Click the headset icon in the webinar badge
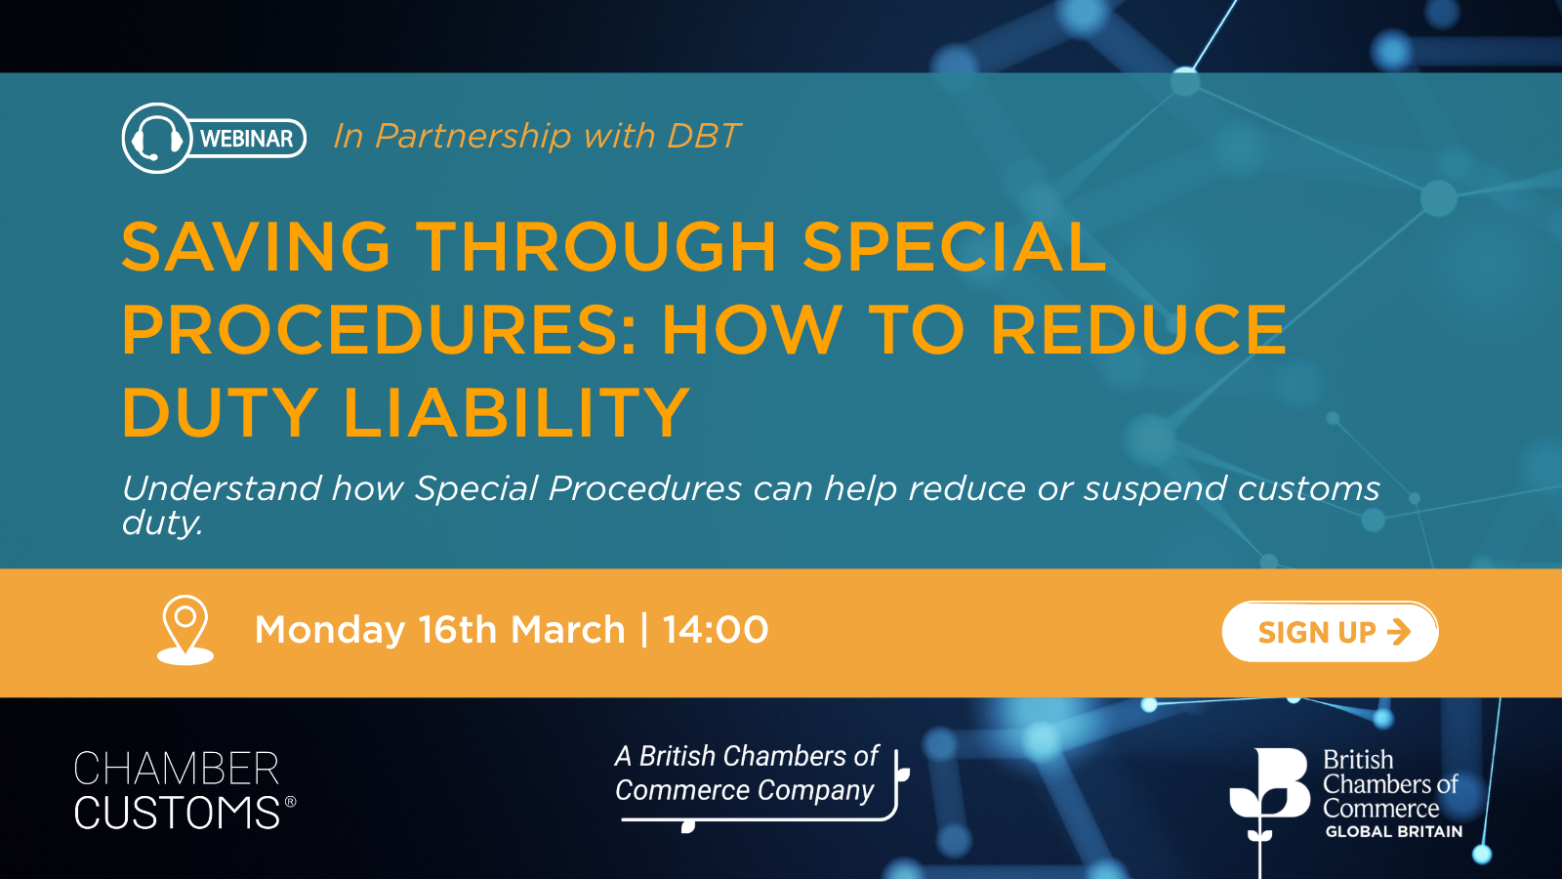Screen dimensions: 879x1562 pyautogui.click(x=156, y=139)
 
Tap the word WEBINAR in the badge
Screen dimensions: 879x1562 pyautogui.click(x=246, y=139)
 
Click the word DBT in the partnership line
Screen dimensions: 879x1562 pyautogui.click(x=703, y=136)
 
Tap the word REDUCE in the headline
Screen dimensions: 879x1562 pyautogui.click(x=1138, y=329)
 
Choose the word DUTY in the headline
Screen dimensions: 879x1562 pyautogui.click(x=220, y=412)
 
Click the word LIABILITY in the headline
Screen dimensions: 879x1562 pyautogui.click(x=516, y=412)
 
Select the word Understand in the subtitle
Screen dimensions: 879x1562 pyautogui.click(x=222, y=488)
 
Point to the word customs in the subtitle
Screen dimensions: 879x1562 pyautogui.click(x=1308, y=488)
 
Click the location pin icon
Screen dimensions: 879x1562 pyautogui.click(x=185, y=628)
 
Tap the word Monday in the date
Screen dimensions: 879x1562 pyautogui.click(x=330, y=630)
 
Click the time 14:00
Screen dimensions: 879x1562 pyautogui.click(x=716, y=630)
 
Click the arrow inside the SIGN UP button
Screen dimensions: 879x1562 pyautogui.click(x=1399, y=632)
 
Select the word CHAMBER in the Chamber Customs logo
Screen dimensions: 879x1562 pyautogui.click(x=177, y=770)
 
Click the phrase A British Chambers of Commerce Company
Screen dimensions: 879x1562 pyautogui.click(x=747, y=773)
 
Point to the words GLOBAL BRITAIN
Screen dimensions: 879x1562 pyautogui.click(x=1393, y=832)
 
